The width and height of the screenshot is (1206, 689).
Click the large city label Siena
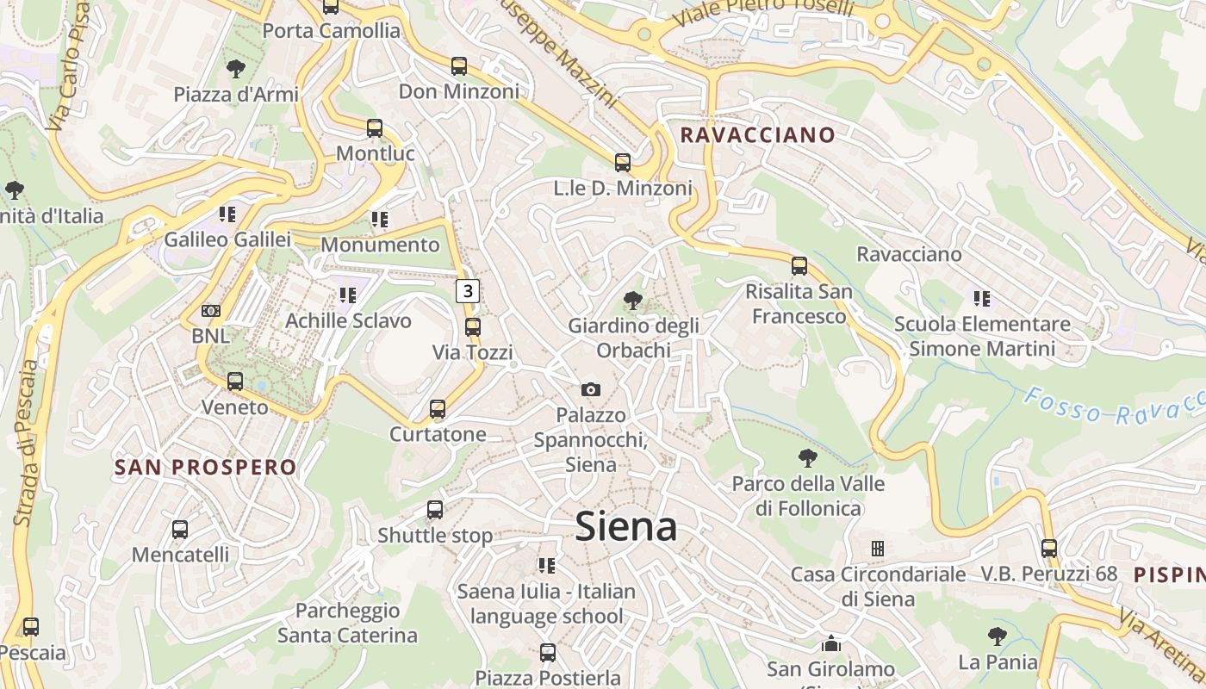626,526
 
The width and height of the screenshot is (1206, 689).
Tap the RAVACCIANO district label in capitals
757,135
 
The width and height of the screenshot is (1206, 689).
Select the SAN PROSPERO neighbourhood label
206,468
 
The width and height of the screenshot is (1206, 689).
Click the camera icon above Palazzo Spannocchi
591,390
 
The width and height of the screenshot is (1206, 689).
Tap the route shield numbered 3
467,291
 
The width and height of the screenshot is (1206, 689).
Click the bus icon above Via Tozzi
472,327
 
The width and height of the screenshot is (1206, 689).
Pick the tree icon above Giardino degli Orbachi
633,301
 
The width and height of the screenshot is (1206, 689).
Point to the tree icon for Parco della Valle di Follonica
807,458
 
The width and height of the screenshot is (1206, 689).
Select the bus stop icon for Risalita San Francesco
799,266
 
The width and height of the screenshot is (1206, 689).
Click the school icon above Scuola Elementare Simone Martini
981,299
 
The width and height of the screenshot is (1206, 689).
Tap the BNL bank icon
211,310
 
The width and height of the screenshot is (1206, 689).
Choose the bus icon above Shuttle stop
435,510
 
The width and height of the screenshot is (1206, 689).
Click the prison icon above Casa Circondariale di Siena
878,549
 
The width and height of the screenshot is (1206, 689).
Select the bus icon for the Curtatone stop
438,408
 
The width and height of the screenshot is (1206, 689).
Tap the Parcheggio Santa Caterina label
347,624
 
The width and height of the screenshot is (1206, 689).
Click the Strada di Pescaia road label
27,443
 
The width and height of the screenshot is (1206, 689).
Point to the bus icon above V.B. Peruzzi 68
1048,548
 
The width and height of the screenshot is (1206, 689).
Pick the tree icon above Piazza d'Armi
234,69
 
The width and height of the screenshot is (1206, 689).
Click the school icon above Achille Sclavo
348,295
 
